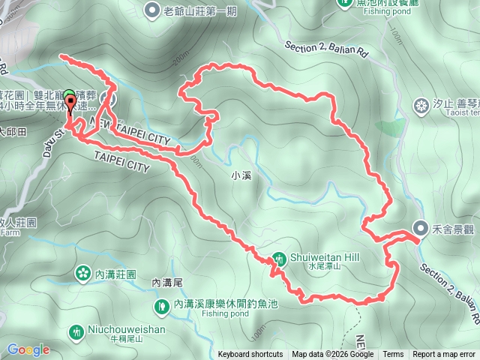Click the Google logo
[28, 349]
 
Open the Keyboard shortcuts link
[250, 355]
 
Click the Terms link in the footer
[393, 355]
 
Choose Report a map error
[445, 355]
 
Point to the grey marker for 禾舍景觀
[420, 230]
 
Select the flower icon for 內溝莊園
[81, 274]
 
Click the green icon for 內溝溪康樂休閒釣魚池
[162, 305]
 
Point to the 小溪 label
[241, 176]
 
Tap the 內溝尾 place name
[167, 283]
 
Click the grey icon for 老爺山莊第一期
[153, 10]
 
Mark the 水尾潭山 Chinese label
[323, 266]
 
